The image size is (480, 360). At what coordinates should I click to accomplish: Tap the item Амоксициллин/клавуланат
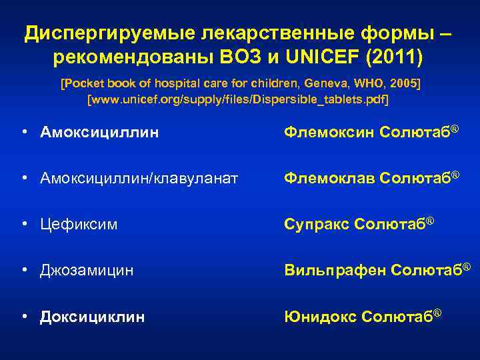click(139, 179)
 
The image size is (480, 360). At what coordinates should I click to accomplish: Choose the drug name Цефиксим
click(79, 225)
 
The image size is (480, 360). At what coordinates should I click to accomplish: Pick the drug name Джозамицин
click(87, 271)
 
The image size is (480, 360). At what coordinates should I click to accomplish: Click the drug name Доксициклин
click(92, 317)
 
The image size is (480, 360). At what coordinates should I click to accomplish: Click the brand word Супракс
click(315, 225)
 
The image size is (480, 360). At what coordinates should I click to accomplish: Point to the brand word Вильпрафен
click(335, 271)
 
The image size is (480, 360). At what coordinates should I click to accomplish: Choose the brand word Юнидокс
click(320, 317)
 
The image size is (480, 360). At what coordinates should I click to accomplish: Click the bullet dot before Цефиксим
click(24, 225)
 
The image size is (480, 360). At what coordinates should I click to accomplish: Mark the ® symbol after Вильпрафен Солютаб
click(467, 267)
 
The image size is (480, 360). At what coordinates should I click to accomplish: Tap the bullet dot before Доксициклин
click(24, 317)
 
